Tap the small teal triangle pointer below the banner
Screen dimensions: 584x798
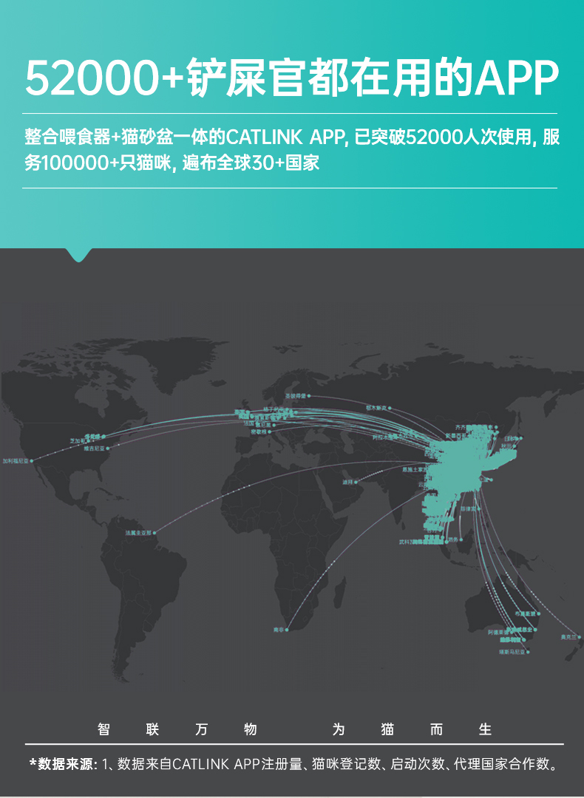(80, 254)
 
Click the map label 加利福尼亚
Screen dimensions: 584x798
(14, 460)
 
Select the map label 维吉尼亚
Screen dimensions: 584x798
(94, 449)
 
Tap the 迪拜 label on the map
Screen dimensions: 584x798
(347, 482)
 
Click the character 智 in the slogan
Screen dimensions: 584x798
(104, 729)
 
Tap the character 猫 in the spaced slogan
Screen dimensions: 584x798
(387, 729)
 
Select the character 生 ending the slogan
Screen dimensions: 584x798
(485, 729)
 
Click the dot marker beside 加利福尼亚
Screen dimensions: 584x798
(31, 460)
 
